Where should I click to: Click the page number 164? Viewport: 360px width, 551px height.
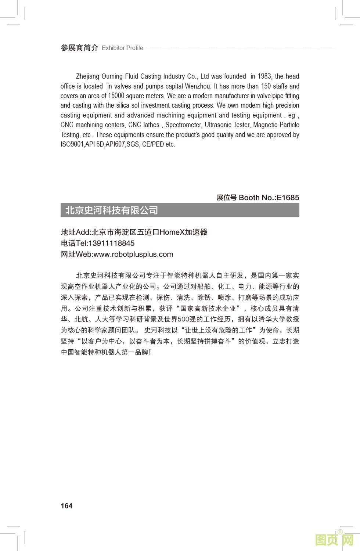(66, 506)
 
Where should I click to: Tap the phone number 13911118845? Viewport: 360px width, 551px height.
(111, 243)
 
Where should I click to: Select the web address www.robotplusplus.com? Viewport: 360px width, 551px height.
(133, 254)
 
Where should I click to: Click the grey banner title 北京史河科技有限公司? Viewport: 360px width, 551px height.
(112, 210)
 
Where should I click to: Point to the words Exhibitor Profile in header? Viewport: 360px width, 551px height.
(122, 48)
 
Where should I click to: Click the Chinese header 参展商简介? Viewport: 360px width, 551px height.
(79, 48)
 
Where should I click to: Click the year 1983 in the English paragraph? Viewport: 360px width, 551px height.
(264, 76)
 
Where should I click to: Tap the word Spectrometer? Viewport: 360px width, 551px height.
(183, 125)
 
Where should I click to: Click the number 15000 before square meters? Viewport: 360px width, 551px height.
(116, 96)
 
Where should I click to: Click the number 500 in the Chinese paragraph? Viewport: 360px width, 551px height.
(183, 319)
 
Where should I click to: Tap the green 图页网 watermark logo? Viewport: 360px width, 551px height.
(334, 540)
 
